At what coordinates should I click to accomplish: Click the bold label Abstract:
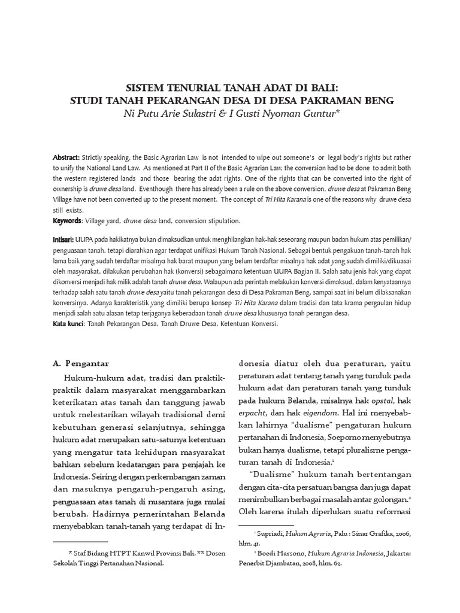click(66, 157)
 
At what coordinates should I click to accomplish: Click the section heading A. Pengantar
click(84, 362)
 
